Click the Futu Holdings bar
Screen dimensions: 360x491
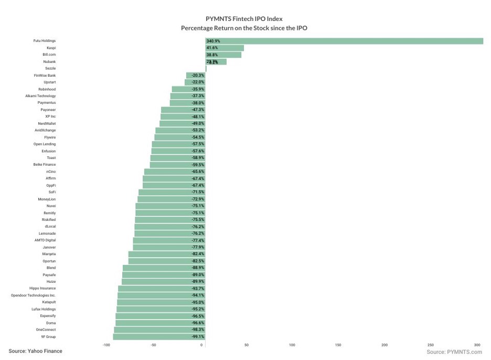pyautogui.click(x=344, y=41)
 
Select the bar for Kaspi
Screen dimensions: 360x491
pyautogui.click(x=225, y=48)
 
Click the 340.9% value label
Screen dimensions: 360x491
pyautogui.click(x=213, y=41)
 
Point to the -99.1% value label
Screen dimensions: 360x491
pyautogui.click(x=198, y=336)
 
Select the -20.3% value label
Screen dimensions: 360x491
pyautogui.click(x=198, y=76)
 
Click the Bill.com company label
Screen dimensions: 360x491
pyautogui.click(x=49, y=55)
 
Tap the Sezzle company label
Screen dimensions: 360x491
pyautogui.click(x=50, y=68)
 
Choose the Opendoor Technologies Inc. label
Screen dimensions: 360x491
pyautogui.click(x=33, y=295)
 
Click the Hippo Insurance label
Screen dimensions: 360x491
pyautogui.click(x=42, y=288)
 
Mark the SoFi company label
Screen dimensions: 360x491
pyautogui.click(x=52, y=192)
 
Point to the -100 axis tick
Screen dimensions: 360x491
pyautogui.click(x=106, y=345)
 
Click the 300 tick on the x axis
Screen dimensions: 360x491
pyautogui.click(x=477, y=345)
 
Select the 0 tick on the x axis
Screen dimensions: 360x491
pyautogui.click(x=202, y=345)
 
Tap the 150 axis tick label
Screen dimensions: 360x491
pyautogui.click(x=338, y=345)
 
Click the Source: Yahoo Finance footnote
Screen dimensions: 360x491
pyautogui.click(x=35, y=351)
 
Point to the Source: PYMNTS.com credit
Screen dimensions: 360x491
pyautogui.click(x=454, y=352)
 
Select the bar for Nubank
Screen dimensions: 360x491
pyautogui.click(x=216, y=61)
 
